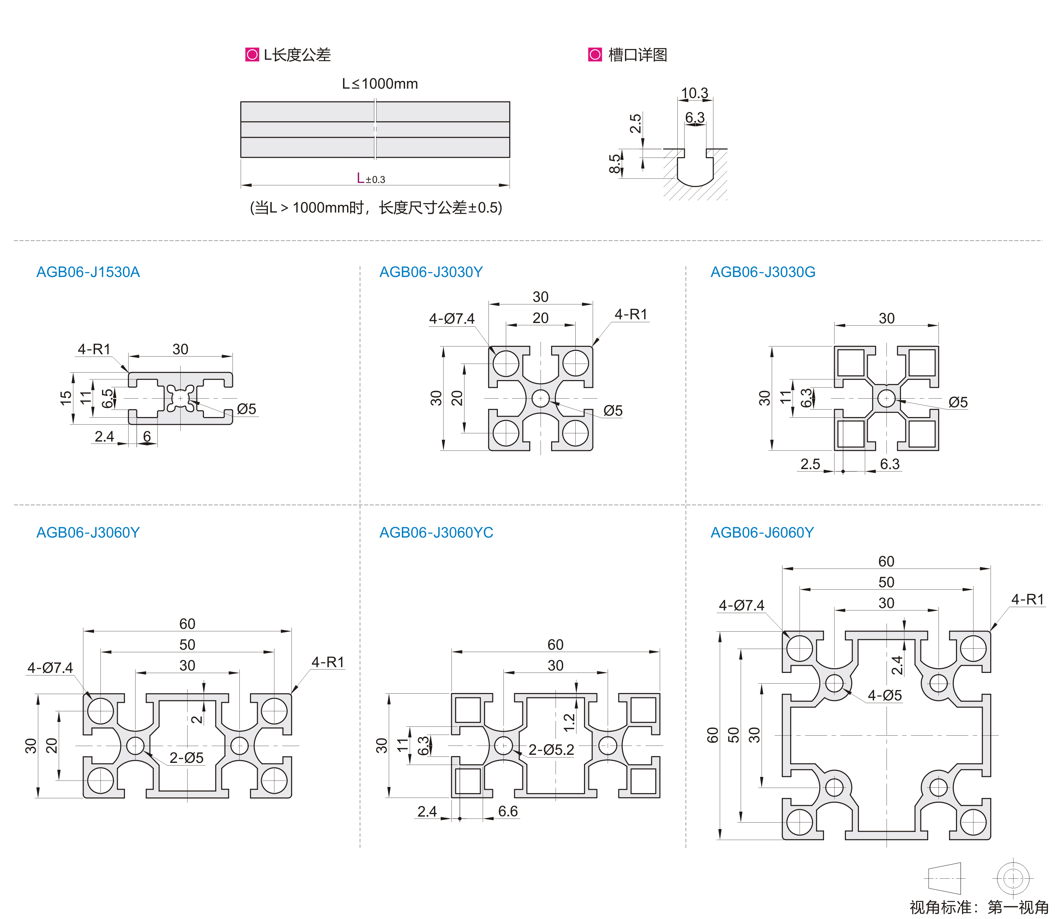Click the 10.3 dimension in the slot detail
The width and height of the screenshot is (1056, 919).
(694, 93)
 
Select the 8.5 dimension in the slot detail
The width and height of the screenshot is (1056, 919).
(615, 164)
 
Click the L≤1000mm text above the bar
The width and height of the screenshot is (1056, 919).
(380, 84)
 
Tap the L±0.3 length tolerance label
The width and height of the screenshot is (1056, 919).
(371, 179)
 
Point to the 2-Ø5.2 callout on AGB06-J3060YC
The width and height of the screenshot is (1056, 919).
(551, 750)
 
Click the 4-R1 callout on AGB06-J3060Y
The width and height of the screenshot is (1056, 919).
(328, 662)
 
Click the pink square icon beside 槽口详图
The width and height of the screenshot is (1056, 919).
(595, 54)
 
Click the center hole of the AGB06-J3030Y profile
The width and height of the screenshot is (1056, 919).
(540, 399)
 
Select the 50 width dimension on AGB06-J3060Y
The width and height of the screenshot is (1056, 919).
(187, 645)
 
